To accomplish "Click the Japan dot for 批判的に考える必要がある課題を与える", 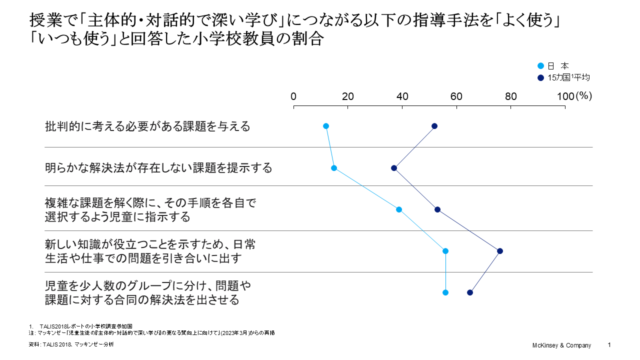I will [x=326, y=126].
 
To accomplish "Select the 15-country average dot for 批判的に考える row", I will [x=434, y=126].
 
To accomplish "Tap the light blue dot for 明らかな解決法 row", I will [x=334, y=168].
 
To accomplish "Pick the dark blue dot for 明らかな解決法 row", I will [x=394, y=168].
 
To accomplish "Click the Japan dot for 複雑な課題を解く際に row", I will [x=399, y=209].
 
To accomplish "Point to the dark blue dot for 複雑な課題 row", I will [x=437, y=209].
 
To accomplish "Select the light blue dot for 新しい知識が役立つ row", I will [x=445, y=251].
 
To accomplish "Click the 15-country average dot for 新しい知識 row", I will [x=500, y=251].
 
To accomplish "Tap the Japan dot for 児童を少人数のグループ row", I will [x=445, y=292].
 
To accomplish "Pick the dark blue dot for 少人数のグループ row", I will [x=470, y=292].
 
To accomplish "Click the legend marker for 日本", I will [x=540, y=66].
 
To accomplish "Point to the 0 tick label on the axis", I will [x=294, y=97].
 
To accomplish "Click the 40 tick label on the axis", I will [x=402, y=97].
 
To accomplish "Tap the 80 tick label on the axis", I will [x=510, y=97].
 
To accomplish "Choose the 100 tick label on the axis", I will [x=565, y=97].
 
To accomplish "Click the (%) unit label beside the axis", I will [x=583, y=96].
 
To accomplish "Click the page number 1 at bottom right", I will [x=609, y=345].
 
